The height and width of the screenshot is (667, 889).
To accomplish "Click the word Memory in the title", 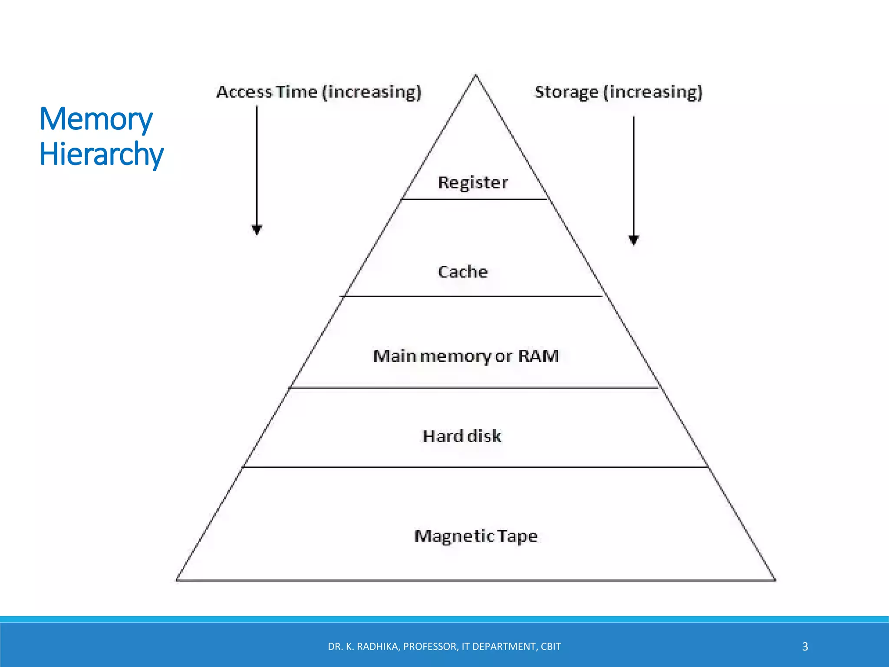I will tap(96, 119).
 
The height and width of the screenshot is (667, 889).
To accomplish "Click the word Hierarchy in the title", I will tap(102, 155).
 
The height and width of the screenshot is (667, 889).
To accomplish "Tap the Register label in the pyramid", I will tap(473, 182).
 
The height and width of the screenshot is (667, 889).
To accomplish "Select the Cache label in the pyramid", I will tap(463, 272).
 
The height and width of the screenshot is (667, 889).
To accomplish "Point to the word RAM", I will tap(538, 356).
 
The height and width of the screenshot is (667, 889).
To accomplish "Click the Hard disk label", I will tap(462, 436).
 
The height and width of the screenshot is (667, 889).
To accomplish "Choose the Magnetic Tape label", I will tap(476, 536).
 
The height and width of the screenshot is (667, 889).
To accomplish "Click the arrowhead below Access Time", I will tap(257, 229).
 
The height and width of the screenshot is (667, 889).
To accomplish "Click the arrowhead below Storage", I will tap(634, 240).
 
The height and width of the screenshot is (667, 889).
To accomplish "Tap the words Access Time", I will tap(267, 92).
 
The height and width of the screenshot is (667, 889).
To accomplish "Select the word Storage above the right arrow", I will tap(566, 92).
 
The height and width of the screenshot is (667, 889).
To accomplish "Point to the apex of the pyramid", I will tap(475, 76).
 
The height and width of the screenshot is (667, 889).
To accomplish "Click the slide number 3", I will tap(805, 647).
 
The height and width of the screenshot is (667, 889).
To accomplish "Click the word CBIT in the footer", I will tap(550, 647).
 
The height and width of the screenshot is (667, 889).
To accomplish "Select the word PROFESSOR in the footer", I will tap(430, 647).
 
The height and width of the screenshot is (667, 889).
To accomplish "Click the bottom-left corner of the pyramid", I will tap(177, 580).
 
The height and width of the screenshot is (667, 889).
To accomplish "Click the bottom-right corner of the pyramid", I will tap(775, 580).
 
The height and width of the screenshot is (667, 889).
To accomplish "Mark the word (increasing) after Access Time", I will tap(372, 92).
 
